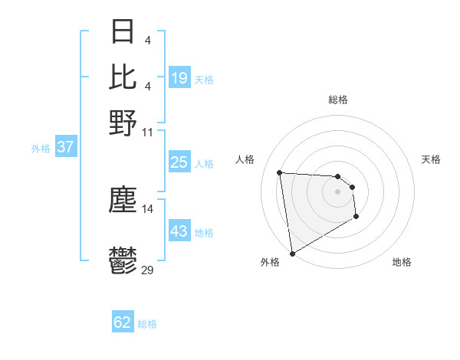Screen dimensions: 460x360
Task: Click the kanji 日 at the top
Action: tap(123, 32)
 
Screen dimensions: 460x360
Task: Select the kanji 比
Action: tap(123, 77)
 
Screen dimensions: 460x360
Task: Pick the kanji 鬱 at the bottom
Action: tap(123, 263)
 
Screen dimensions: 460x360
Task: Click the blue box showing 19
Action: tap(179, 77)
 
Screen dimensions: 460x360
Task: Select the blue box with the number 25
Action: tap(179, 162)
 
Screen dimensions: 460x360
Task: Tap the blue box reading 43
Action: tap(179, 231)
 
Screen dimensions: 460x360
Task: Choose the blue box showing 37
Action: tap(66, 147)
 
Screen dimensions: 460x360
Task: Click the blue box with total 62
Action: tap(123, 322)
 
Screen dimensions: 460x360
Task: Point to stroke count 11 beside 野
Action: tap(148, 131)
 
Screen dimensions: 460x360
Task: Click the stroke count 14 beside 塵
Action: tap(148, 208)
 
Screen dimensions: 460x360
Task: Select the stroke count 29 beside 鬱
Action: tap(148, 270)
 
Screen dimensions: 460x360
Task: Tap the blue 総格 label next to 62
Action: tap(147, 324)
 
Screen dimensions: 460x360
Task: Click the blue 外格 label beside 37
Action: tap(40, 149)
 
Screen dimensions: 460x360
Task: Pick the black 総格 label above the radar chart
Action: tap(337, 100)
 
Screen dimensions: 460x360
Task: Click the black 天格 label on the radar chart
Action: tap(431, 159)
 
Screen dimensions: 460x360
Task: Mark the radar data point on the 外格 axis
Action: tap(292, 254)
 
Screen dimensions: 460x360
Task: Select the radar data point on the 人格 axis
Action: tap(280, 172)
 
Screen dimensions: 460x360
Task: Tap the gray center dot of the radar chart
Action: tap(337, 191)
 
